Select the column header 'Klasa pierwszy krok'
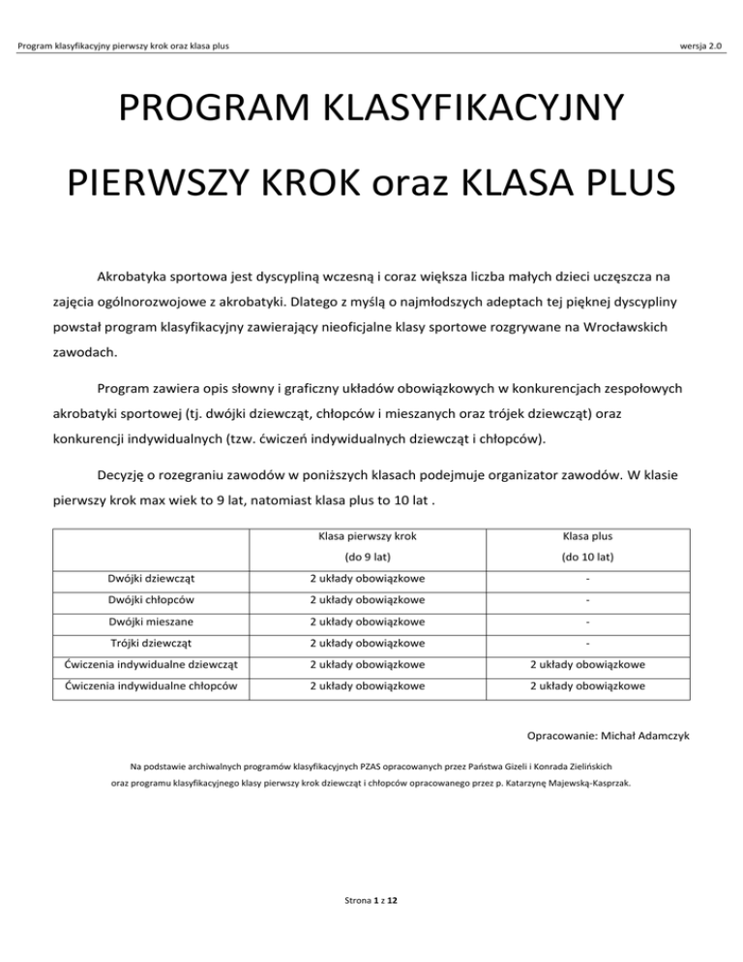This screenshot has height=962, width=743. (x=374, y=535)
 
